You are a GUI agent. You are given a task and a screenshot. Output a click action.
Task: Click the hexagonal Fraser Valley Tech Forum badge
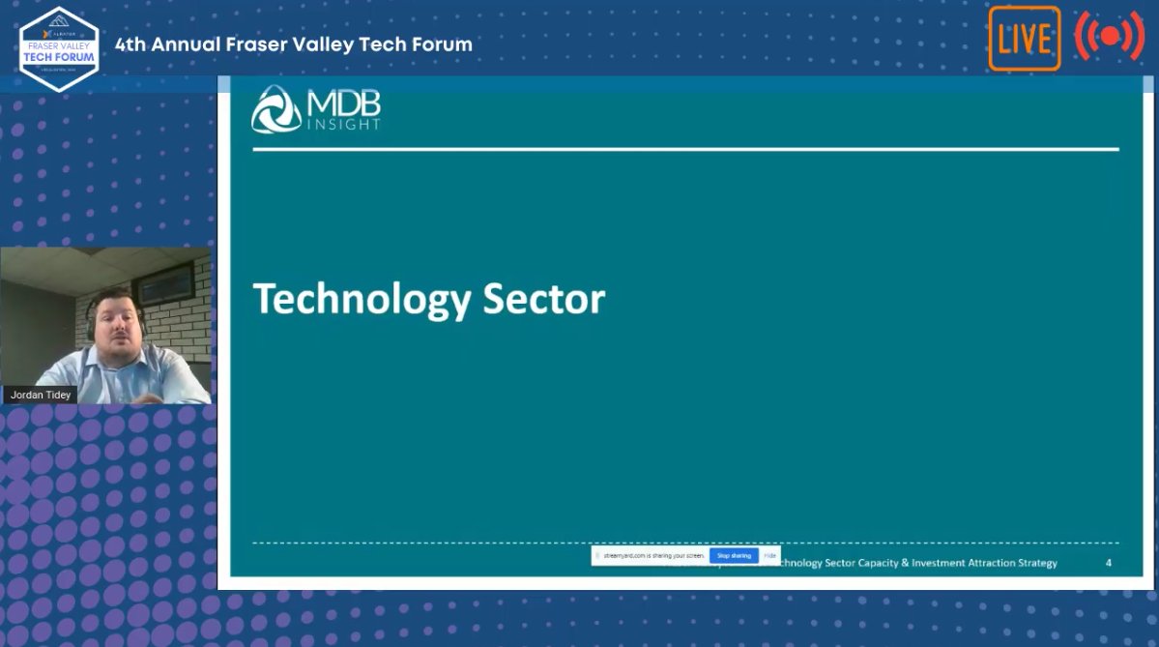coord(59,49)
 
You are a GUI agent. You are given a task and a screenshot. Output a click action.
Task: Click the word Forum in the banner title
coord(441,44)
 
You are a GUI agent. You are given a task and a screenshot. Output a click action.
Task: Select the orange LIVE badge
coord(1024,39)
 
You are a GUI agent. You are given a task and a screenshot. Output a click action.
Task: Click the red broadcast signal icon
coord(1109,37)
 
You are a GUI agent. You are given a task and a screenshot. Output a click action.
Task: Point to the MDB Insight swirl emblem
coord(275,109)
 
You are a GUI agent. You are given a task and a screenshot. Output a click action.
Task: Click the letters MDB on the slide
coord(343,103)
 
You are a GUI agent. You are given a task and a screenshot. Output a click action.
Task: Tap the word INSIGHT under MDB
coord(343,125)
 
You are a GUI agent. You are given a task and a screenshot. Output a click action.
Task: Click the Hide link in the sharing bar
coord(769,556)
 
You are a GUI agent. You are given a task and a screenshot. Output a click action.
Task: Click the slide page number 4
coord(1109,563)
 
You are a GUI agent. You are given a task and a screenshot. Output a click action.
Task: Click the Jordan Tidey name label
coord(40,395)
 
